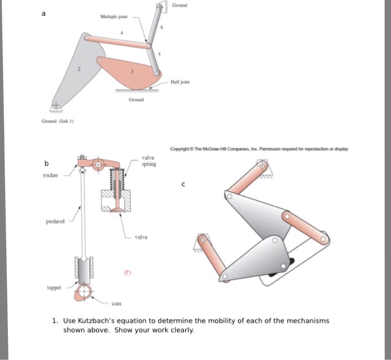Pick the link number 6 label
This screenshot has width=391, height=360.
[162, 27]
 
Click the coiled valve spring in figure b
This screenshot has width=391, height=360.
[117, 179]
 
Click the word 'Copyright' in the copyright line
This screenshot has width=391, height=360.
[181, 148]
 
